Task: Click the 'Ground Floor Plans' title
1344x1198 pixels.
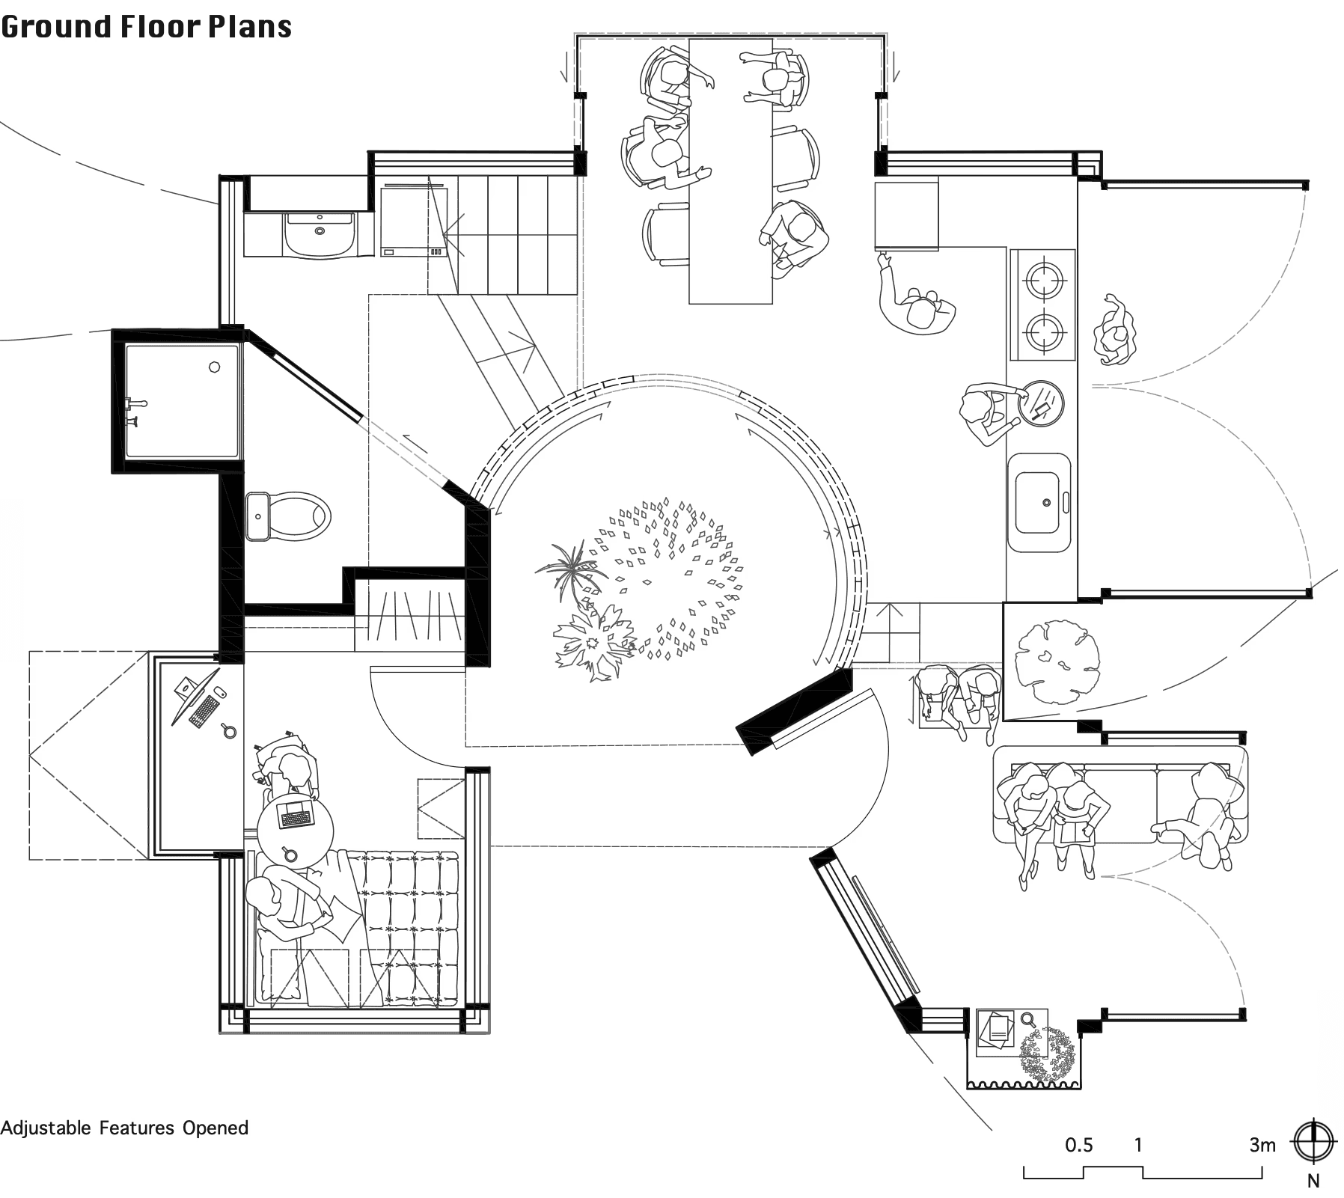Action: (x=146, y=26)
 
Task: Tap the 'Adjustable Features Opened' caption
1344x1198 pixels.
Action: (x=124, y=1128)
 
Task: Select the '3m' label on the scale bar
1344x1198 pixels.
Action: (x=1262, y=1145)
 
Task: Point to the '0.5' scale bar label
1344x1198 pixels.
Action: (x=1078, y=1145)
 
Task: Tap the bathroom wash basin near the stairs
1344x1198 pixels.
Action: (x=320, y=233)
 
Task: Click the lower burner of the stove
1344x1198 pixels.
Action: (x=1045, y=330)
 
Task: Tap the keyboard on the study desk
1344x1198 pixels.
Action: (x=204, y=711)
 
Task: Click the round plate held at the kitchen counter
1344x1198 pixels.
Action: (x=1042, y=403)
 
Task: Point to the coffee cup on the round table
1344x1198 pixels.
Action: (x=289, y=854)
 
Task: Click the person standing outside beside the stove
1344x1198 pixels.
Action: (x=1114, y=330)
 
